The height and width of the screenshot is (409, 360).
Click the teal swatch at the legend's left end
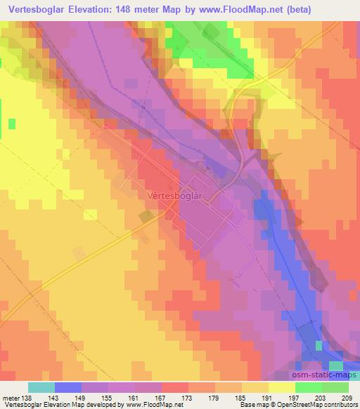click(x=41, y=387)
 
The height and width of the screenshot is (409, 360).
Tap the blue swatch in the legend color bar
click(x=68, y=387)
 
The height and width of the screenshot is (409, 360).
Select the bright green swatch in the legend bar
click(x=309, y=387)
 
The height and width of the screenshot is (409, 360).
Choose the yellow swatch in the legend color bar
click(x=282, y=387)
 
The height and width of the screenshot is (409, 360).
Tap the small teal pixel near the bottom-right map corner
click(x=320, y=345)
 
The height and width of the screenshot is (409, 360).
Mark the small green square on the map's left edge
click(x=12, y=124)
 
